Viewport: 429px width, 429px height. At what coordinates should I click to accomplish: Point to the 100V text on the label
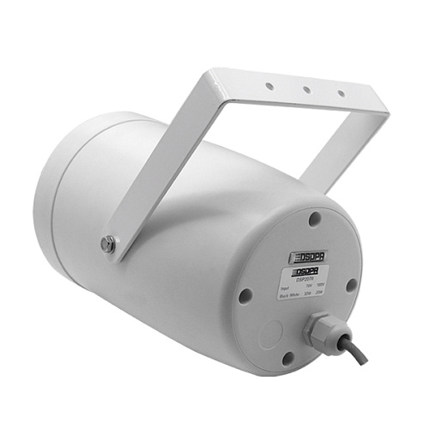click(320, 285)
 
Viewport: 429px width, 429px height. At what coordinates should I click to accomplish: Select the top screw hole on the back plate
click(314, 219)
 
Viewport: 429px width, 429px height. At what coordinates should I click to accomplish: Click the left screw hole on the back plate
click(245, 295)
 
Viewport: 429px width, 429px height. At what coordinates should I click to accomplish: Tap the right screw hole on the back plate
click(351, 286)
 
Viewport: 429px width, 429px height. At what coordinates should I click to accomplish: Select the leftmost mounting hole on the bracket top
click(269, 86)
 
